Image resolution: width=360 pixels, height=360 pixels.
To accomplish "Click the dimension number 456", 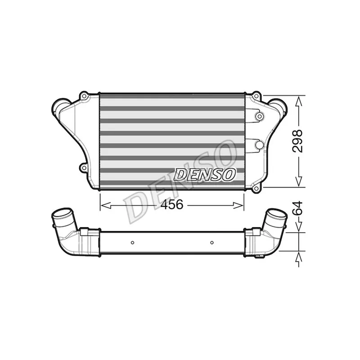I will point(172,205).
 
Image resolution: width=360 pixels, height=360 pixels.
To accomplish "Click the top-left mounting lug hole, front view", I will point(84,96).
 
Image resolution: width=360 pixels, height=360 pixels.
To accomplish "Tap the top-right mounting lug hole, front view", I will point(257,96).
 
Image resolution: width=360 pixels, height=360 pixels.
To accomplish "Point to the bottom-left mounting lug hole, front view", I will point(84,168).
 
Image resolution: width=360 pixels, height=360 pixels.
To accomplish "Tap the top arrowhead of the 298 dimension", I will point(298,100).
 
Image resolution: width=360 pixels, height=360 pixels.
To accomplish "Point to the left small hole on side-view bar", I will point(132,243).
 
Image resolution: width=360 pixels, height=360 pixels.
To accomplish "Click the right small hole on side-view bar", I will point(211,243).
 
